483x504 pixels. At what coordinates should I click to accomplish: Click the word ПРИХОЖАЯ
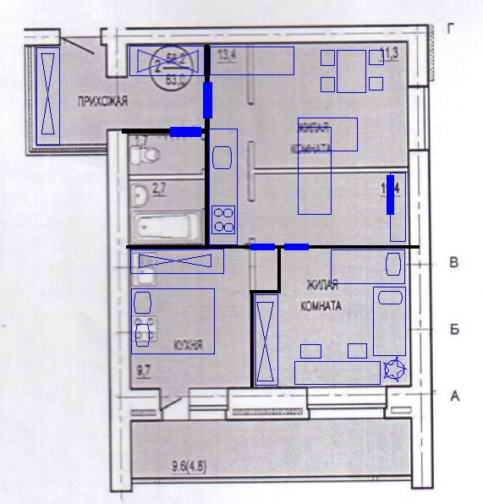click(102, 101)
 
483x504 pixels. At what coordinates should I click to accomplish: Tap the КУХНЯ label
click(187, 345)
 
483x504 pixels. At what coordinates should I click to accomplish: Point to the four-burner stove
click(223, 219)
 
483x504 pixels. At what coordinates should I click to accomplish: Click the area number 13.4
click(226, 57)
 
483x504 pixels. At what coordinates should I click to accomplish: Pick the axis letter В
click(453, 264)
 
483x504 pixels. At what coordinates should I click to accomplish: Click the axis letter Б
click(453, 329)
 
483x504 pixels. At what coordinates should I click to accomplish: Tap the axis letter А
click(454, 395)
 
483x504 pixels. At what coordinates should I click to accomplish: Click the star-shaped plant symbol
click(394, 370)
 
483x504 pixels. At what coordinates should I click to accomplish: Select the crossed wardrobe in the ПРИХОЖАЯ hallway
click(49, 94)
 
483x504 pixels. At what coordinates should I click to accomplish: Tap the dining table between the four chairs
click(351, 70)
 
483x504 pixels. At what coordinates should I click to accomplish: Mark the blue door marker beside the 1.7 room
click(185, 131)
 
